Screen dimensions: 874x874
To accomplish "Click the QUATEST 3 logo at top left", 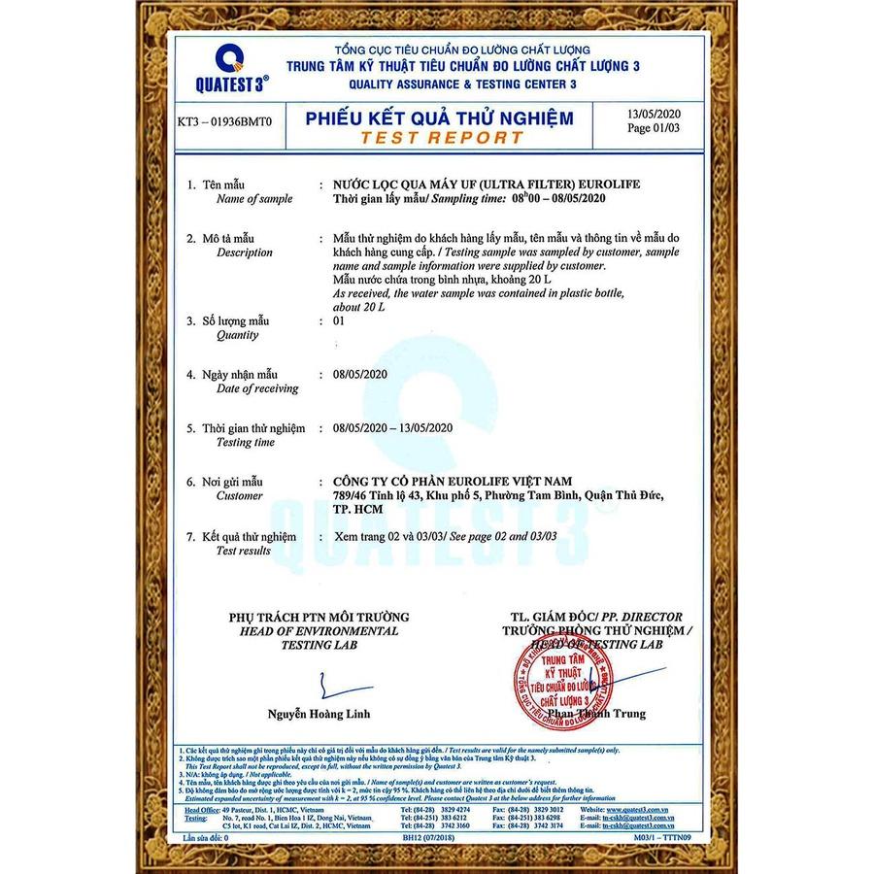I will point(231,68).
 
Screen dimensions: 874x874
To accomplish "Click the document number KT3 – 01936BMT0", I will point(224,123).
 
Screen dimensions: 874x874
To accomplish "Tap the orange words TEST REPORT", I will point(441,138).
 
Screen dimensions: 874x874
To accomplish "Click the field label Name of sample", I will point(254,199).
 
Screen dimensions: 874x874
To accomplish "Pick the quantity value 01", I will point(340,321).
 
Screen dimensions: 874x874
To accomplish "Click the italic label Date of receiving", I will point(257,388).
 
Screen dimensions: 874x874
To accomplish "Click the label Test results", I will point(244,551).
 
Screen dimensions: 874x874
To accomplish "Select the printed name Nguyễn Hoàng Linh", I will point(319,715).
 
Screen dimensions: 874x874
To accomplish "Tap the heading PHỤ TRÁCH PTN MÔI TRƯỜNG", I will point(319,617).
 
